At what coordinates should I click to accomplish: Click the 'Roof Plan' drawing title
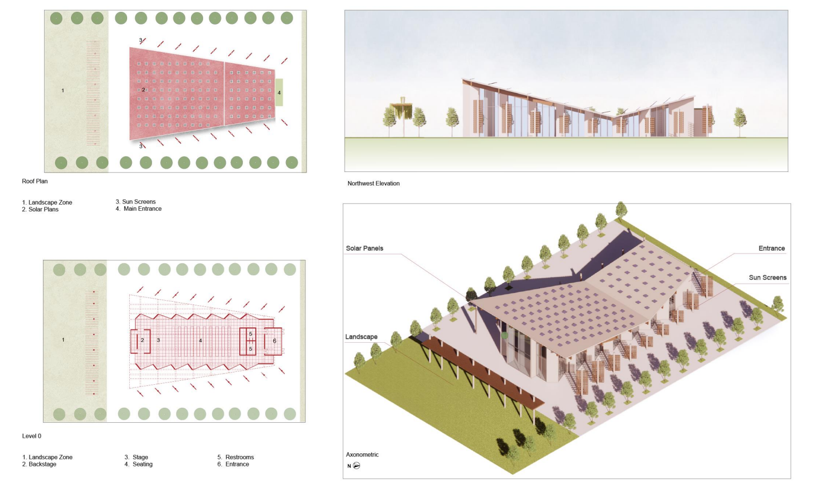pos(35,181)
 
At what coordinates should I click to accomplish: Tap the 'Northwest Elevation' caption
pos(373,183)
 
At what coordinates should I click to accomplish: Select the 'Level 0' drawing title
pos(32,436)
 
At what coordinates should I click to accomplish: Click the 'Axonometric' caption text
pos(362,455)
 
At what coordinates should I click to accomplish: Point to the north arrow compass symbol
pos(356,466)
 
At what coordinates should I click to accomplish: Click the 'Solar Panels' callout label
pos(364,248)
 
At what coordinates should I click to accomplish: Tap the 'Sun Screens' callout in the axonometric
pos(767,278)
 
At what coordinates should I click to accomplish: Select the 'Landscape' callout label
pos(361,337)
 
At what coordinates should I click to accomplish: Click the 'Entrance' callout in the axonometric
pos(771,248)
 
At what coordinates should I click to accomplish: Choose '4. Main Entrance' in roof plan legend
pos(139,209)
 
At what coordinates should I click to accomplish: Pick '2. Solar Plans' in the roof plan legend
pos(40,210)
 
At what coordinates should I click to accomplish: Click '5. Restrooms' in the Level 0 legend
pos(236,458)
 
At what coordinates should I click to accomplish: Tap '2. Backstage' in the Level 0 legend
pos(39,464)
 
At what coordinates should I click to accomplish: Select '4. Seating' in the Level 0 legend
pos(139,464)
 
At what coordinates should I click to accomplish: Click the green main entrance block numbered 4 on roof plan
pos(279,92)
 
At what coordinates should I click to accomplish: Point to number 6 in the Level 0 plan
pos(275,341)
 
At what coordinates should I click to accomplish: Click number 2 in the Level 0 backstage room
pos(142,341)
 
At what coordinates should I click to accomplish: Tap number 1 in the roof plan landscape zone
pos(63,91)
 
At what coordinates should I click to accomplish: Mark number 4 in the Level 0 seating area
pos(200,341)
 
